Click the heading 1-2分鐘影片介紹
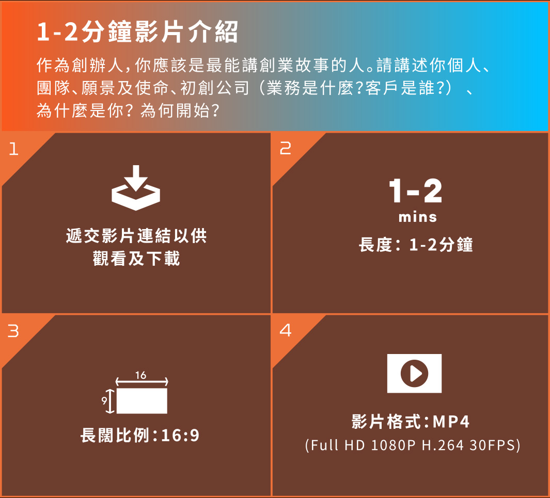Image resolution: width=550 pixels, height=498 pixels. pos(137,32)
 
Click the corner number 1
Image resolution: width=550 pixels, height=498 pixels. pos(13,149)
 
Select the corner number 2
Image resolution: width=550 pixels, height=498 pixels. pos(286,149)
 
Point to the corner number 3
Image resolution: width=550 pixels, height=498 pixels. pos(13,331)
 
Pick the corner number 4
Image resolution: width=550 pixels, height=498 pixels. pos(286,330)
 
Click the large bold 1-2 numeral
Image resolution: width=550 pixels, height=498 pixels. pos(416,191)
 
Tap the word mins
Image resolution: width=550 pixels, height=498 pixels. pos(418,217)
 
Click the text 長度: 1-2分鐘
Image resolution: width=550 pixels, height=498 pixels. pos(416,245)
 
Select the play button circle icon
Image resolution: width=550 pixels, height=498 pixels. pos(415,374)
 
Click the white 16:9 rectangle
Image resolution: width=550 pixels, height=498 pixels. pos(142,401)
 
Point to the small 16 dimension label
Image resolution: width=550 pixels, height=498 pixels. pos(140,375)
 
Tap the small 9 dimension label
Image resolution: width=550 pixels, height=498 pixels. pos(104,400)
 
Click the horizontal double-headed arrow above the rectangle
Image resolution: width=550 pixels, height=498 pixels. pos(142,382)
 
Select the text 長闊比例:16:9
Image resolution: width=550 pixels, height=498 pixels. pos(140,436)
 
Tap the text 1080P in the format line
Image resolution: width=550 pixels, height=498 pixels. pos(393,445)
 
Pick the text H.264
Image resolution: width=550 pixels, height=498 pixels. pos(443,445)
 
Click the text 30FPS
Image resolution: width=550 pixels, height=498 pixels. pos(493,445)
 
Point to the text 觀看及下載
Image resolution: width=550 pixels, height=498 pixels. pos(136,259)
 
